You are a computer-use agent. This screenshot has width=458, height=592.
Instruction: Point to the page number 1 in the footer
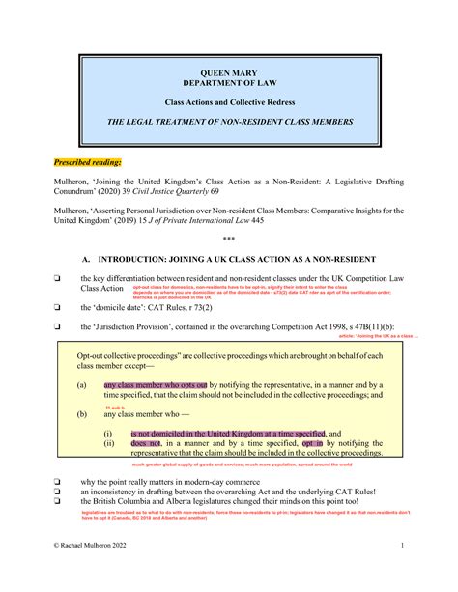(400, 572)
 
